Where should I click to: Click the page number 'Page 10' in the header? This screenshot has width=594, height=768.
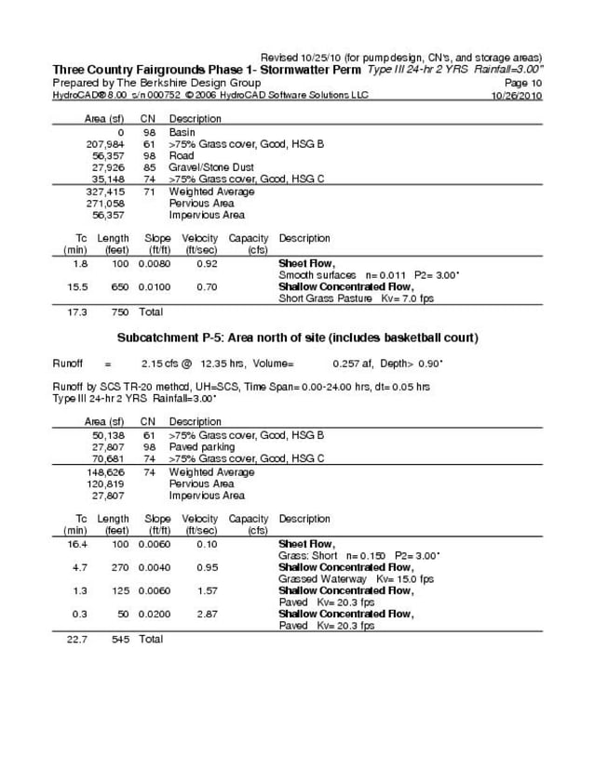(523, 83)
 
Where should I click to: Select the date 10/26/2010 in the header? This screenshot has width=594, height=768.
(516, 95)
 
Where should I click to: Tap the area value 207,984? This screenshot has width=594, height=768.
(105, 145)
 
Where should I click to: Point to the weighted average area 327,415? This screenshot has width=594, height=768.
(105, 192)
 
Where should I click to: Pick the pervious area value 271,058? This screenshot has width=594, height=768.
(105, 203)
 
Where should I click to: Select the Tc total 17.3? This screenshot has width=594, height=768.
(77, 311)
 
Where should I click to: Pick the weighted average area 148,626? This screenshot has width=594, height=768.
(105, 472)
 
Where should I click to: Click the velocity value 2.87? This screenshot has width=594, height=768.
(207, 615)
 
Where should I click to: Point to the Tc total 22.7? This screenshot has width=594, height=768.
(77, 639)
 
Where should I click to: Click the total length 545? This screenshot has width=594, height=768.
(119, 639)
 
